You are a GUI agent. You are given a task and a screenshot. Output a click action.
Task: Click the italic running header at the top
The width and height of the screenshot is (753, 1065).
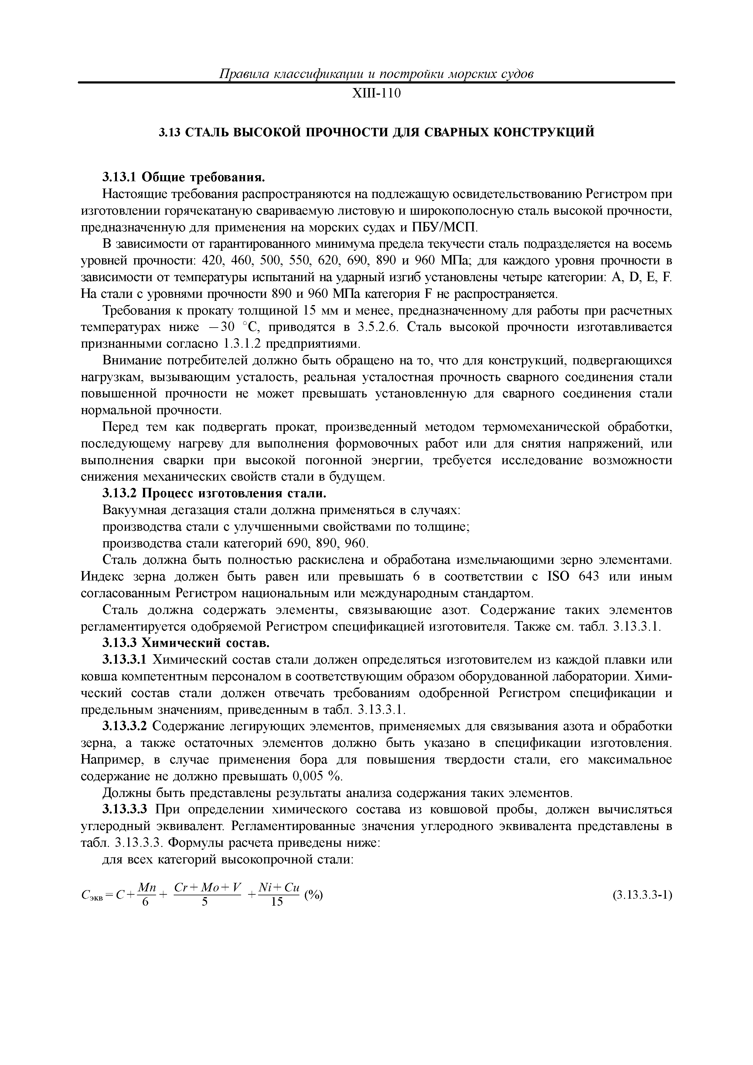376,74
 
